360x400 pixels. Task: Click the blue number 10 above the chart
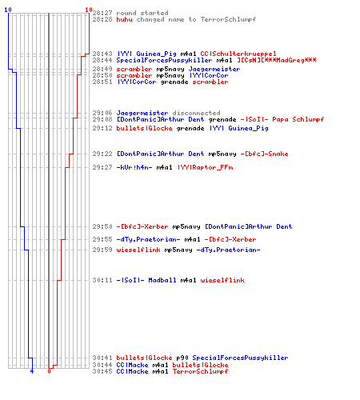click(8, 10)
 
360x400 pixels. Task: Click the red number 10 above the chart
click(89, 10)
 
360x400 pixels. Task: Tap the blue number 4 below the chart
click(32, 371)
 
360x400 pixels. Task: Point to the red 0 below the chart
click(49, 371)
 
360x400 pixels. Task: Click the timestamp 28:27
click(102, 13)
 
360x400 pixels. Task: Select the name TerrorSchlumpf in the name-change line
click(228, 19)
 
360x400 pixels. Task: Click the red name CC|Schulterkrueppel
click(238, 54)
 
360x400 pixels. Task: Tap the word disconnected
click(196, 113)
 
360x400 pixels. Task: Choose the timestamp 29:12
click(102, 128)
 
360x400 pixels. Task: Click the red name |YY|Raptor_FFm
click(206, 167)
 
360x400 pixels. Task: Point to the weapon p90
click(182, 358)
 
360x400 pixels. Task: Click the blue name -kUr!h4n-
click(134, 167)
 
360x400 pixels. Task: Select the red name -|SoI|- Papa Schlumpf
click(282, 119)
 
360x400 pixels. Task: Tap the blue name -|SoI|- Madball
click(146, 280)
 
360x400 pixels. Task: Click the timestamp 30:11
click(102, 280)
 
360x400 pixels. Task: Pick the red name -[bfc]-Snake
click(264, 154)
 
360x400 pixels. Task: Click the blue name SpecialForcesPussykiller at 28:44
click(164, 60)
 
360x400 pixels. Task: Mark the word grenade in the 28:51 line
click(174, 82)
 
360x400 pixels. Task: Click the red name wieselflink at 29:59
click(138, 250)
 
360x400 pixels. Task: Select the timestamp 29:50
click(102, 226)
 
